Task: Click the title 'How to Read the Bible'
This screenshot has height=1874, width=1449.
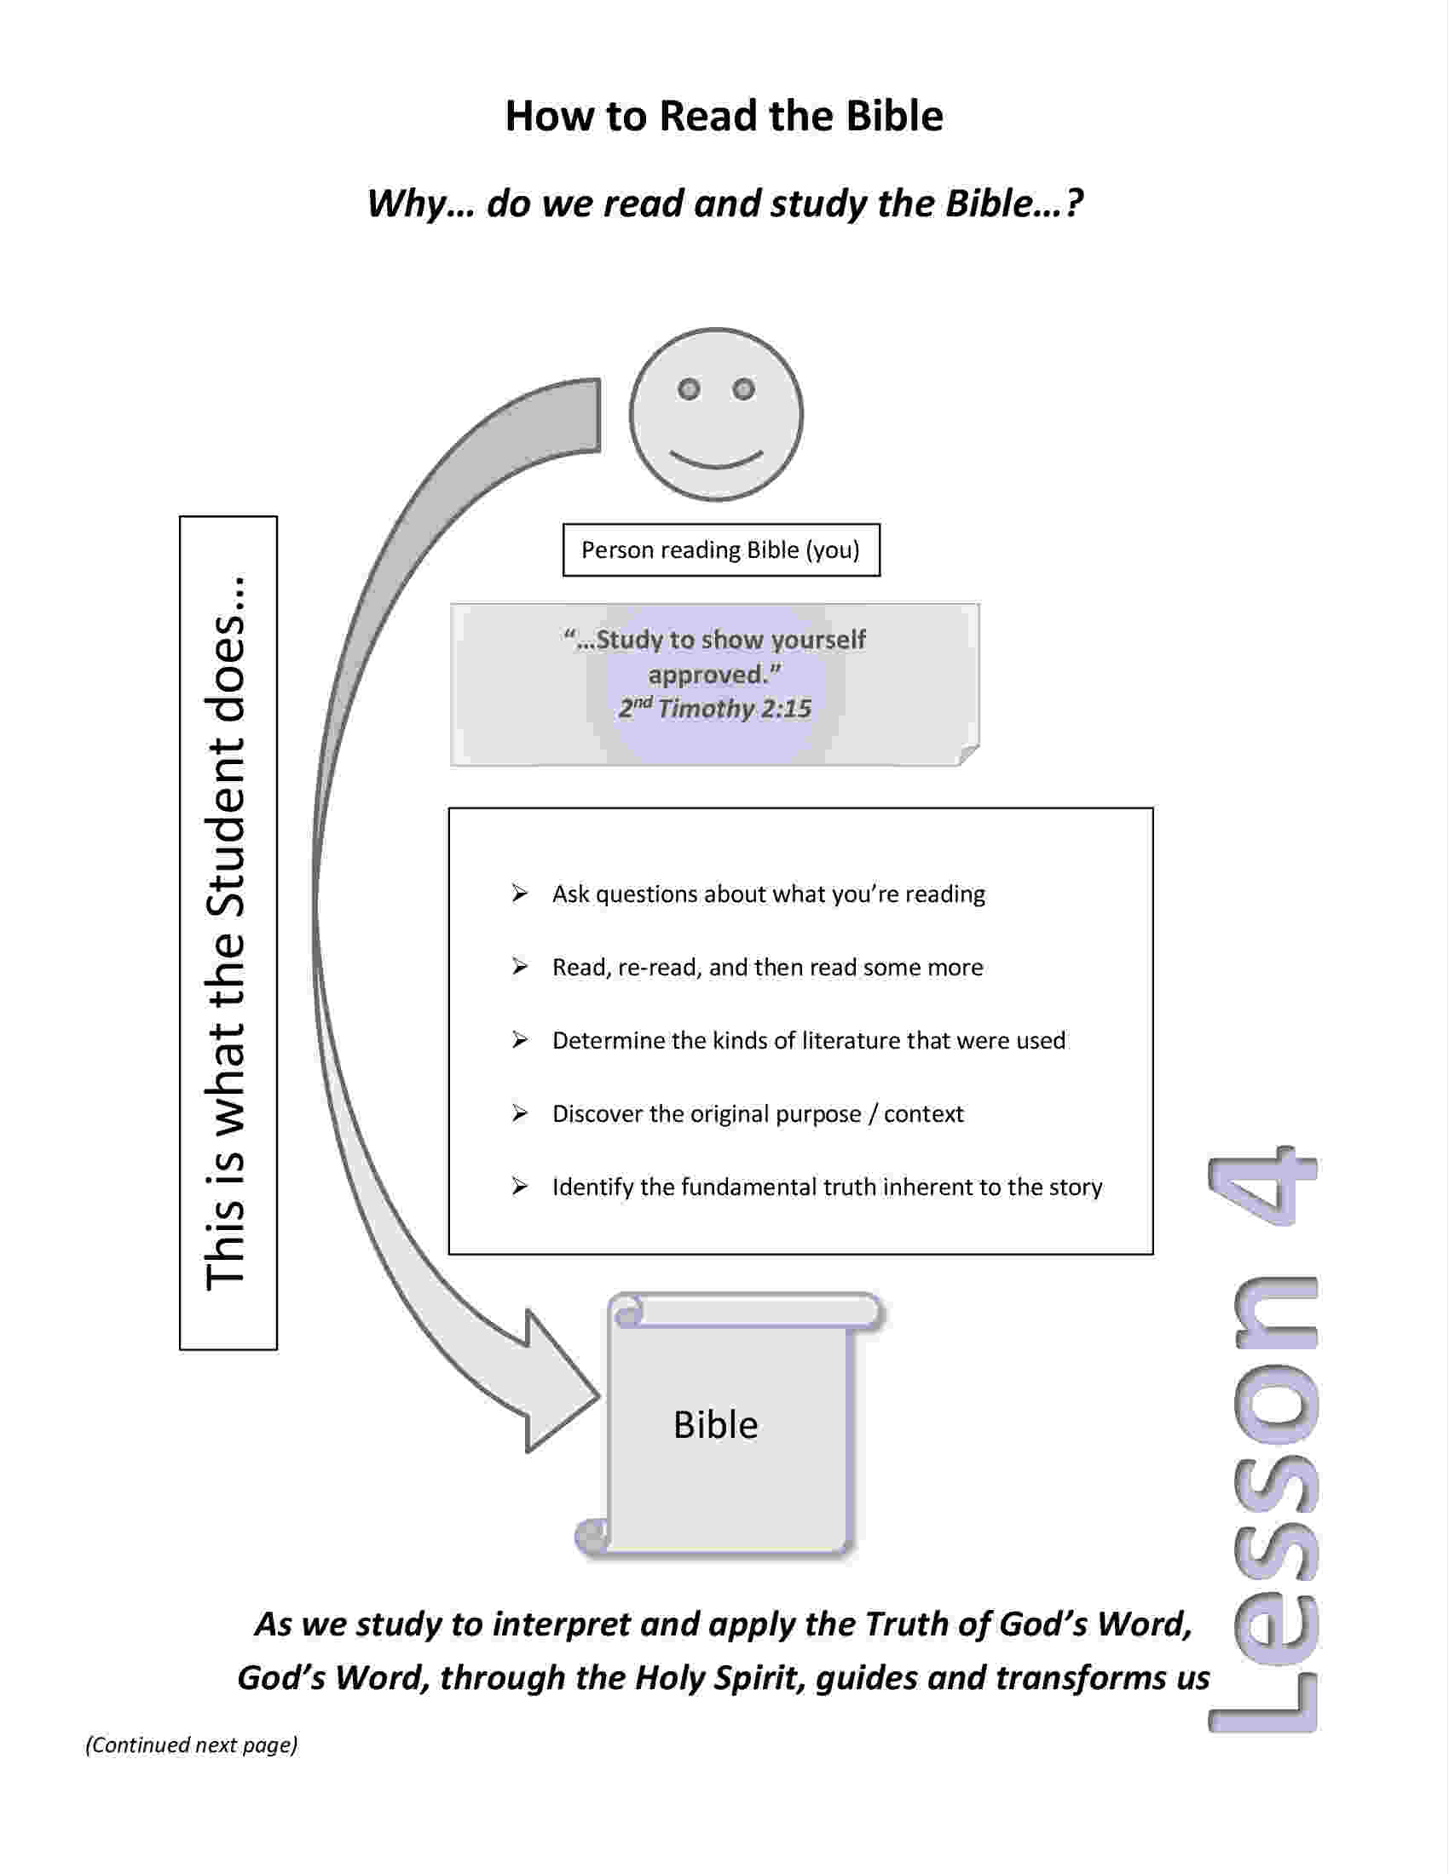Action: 724,116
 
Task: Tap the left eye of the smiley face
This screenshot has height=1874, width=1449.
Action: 689,389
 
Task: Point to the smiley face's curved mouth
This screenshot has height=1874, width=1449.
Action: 717,459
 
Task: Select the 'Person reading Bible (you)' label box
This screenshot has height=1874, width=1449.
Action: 721,550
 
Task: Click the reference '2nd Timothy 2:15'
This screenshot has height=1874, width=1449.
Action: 715,709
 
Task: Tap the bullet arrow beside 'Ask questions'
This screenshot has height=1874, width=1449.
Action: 519,894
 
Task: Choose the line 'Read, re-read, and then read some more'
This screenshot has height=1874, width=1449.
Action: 767,967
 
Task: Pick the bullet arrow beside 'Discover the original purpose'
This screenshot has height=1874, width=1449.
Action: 519,1113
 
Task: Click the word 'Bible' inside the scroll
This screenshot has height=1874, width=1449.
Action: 715,1425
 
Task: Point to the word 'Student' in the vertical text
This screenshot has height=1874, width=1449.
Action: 227,827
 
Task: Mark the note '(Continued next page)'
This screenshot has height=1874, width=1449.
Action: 192,1745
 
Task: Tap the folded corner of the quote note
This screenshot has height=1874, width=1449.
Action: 968,754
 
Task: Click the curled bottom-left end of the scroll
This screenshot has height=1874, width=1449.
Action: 592,1537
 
